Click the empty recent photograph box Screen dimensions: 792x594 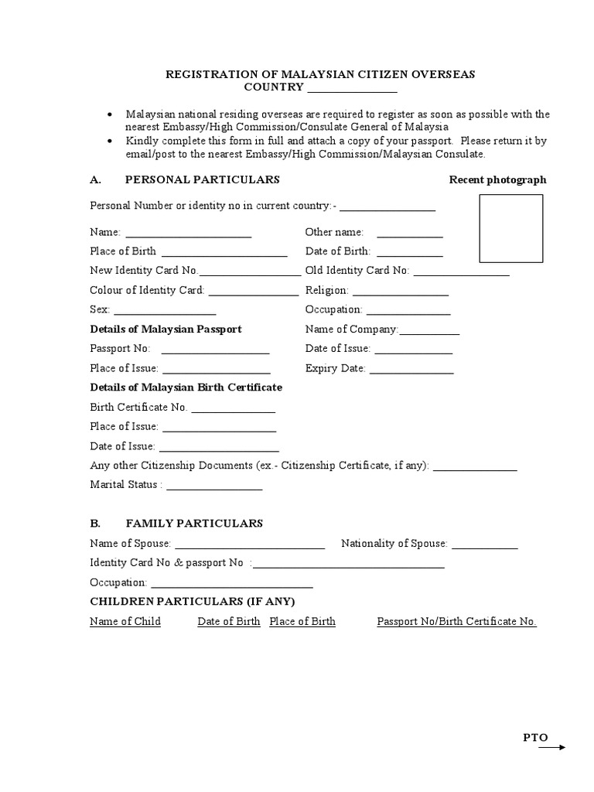[511, 228]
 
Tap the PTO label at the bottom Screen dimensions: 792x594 [535, 737]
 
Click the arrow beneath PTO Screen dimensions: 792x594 [551, 747]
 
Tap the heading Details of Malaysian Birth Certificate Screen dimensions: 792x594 [186, 387]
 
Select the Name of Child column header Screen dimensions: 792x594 [125, 621]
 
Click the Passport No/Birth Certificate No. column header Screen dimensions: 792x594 [456, 621]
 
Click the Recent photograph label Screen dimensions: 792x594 [497, 179]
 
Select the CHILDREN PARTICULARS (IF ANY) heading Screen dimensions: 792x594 [193, 601]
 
